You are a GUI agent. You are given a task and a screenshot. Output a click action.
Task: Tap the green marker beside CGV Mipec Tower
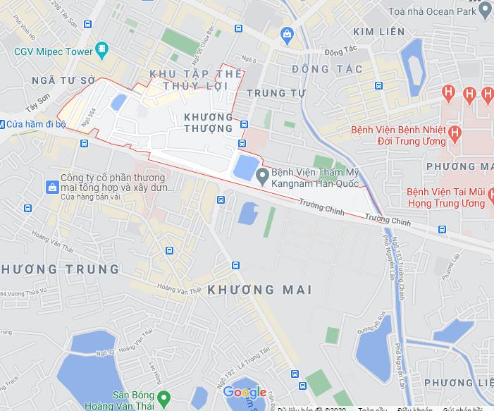click(x=104, y=49)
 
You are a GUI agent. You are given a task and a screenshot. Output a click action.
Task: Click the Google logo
click(x=245, y=393)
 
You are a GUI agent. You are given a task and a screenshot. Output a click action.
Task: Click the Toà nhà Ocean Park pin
click(x=484, y=11)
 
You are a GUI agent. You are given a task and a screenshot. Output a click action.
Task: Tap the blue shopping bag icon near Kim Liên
click(x=286, y=33)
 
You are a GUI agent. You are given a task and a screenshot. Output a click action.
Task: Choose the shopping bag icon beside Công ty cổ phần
click(x=51, y=187)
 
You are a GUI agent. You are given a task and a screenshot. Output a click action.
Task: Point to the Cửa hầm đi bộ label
click(x=35, y=125)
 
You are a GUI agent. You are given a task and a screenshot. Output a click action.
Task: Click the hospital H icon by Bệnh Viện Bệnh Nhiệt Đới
click(x=455, y=132)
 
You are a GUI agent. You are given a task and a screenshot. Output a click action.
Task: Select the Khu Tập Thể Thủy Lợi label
click(x=197, y=80)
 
